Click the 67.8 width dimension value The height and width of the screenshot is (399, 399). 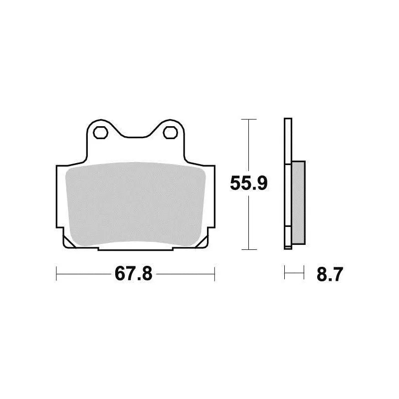pyautogui.click(x=133, y=274)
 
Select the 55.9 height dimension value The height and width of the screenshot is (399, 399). pyautogui.click(x=249, y=184)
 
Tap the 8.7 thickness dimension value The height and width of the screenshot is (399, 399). pyautogui.click(x=329, y=274)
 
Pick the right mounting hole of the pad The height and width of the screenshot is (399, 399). pyautogui.click(x=171, y=132)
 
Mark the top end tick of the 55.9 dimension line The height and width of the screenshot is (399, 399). pyautogui.click(x=248, y=120)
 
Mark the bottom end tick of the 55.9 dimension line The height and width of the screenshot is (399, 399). pyautogui.click(x=248, y=249)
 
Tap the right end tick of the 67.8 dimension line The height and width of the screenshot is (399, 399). pyautogui.click(x=214, y=274)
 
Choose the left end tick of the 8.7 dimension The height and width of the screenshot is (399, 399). pyautogui.click(x=285, y=274)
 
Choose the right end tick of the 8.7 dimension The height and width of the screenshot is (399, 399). pyautogui.click(x=304, y=274)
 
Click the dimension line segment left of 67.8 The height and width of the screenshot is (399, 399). pyautogui.click(x=85, y=274)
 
